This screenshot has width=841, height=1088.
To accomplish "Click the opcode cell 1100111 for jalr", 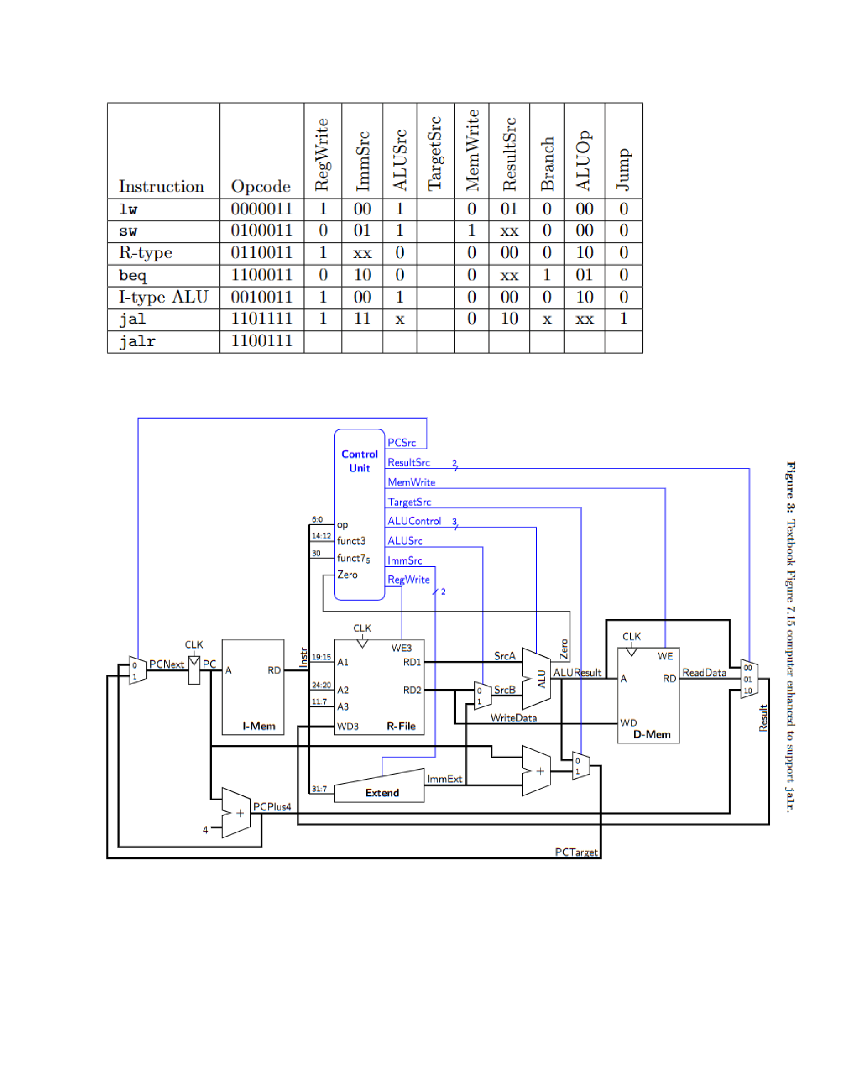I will coord(261,341).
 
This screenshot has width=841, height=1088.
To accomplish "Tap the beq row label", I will coord(133,275).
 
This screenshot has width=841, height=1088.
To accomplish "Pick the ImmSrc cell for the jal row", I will coord(362,319).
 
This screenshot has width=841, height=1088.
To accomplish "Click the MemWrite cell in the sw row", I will coord(471,230).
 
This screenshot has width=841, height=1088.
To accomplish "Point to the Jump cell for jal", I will coord(623,319).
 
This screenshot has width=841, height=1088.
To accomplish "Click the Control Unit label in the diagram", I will coord(359,461).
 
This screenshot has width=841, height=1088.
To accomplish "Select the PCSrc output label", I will coord(401,443).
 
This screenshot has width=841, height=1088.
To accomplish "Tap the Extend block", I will coord(381,793).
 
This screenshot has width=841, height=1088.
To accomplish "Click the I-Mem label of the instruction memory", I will coord(259,726).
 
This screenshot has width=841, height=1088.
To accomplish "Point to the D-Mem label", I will coord(652,734).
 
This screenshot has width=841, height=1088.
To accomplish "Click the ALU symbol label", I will coord(542,679).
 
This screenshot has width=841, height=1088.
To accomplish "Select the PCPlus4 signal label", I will coord(272,807).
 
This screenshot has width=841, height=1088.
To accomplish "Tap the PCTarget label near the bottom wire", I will coord(576,852).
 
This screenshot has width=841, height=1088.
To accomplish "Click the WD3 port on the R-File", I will coord(347,726).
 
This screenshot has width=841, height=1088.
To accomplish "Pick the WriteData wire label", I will coord(513,718).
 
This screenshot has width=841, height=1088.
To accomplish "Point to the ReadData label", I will coord(704,673).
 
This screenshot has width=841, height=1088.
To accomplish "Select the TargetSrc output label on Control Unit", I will coord(409,502).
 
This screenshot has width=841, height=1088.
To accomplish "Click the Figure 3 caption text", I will coord(791,637).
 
